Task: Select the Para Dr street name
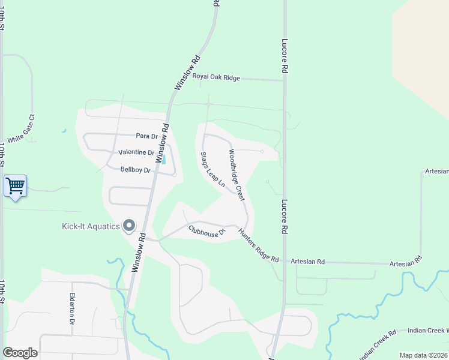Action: click(x=146, y=136)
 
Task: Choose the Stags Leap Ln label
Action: click(x=212, y=170)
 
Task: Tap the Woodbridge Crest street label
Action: click(x=237, y=175)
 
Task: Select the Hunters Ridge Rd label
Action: click(x=259, y=247)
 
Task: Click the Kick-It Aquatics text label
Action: click(x=91, y=226)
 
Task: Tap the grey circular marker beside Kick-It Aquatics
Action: click(x=129, y=226)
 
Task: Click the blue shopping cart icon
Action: click(x=16, y=186)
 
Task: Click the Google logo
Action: click(x=20, y=353)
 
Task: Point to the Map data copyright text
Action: click(x=424, y=355)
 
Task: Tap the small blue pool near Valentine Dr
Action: click(x=163, y=158)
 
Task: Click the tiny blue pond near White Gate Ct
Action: click(x=63, y=130)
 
